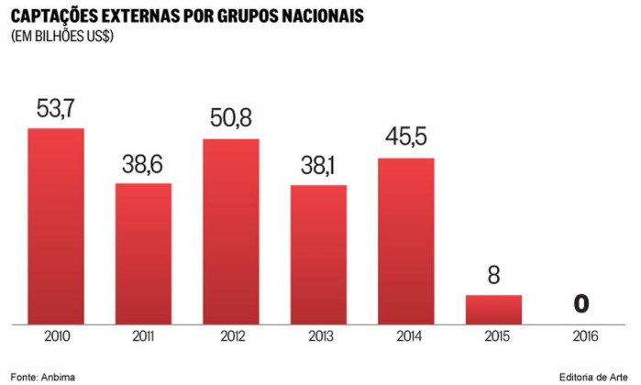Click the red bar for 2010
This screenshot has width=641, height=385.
(55, 225)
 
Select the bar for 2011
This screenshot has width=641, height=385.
(143, 253)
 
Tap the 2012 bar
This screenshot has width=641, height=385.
(231, 231)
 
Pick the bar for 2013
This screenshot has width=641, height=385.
(318, 254)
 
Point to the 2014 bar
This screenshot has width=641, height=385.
(406, 240)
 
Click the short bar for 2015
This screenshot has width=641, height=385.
(493, 309)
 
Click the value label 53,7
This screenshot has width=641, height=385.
(55, 109)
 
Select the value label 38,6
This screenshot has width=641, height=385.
(143, 165)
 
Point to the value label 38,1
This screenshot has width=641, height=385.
(318, 167)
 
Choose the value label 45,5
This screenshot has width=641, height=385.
(406, 139)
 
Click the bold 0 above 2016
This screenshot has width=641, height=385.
(580, 304)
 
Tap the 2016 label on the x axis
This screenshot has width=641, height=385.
(580, 336)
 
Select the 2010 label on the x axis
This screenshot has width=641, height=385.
(55, 336)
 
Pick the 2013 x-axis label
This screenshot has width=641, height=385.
(318, 336)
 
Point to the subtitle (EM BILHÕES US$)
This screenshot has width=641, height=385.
(63, 36)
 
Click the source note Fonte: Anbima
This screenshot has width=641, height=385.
(44, 375)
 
